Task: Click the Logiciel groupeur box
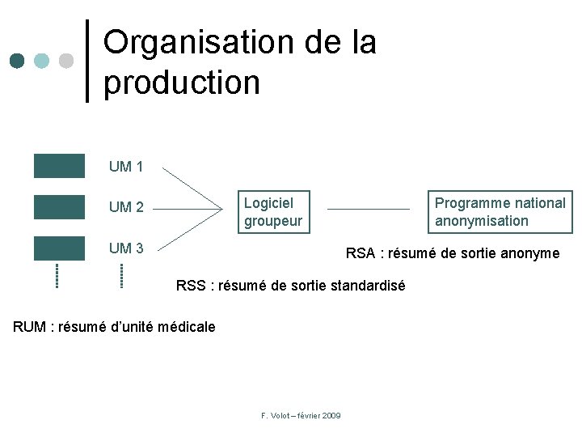(x=274, y=211)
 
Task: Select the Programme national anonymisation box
(x=500, y=211)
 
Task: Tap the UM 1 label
(x=126, y=168)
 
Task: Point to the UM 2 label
(x=126, y=207)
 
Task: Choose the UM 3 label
(x=126, y=248)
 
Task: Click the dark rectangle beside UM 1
(x=59, y=166)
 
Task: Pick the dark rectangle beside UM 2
(x=59, y=207)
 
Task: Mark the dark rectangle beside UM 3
(x=59, y=248)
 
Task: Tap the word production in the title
(x=182, y=82)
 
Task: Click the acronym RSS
(x=192, y=286)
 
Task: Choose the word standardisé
(x=365, y=286)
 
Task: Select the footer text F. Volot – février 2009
(x=301, y=415)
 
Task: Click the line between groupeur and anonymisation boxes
(x=369, y=210)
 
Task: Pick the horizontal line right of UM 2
(x=188, y=209)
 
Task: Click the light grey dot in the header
(x=66, y=61)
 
